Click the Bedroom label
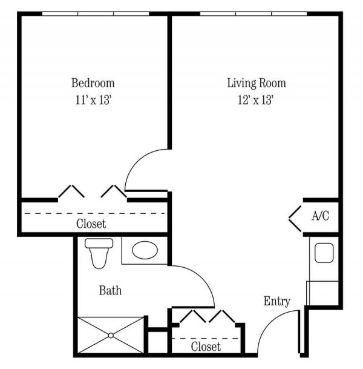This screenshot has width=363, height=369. pyautogui.click(x=93, y=83)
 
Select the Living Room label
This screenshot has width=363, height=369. pyautogui.click(x=257, y=83)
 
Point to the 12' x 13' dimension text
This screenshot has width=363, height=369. pyautogui.click(x=257, y=100)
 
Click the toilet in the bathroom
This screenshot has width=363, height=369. pyautogui.click(x=99, y=251)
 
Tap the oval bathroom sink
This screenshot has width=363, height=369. pyautogui.click(x=144, y=250)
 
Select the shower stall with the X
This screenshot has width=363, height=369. pyautogui.click(x=111, y=334)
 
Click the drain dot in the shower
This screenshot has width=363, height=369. pyautogui.click(x=111, y=334)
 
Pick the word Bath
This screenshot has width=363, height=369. pyautogui.click(x=110, y=291)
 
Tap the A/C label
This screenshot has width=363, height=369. pyautogui.click(x=320, y=216)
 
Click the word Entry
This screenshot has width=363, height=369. pyautogui.click(x=277, y=301)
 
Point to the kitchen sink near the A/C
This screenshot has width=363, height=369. pyautogui.click(x=324, y=253)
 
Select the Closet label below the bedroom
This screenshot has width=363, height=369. pyautogui.click(x=91, y=224)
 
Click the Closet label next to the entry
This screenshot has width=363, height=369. pyautogui.click(x=206, y=347)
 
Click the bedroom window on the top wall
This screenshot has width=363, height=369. pyautogui.click(x=95, y=13)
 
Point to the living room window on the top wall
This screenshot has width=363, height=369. pyautogui.click(x=253, y=13)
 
